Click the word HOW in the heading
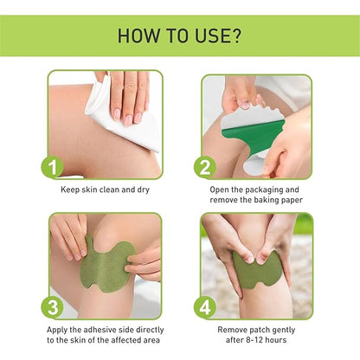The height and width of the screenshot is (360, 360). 138,36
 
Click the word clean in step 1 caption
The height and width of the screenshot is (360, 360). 108,188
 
